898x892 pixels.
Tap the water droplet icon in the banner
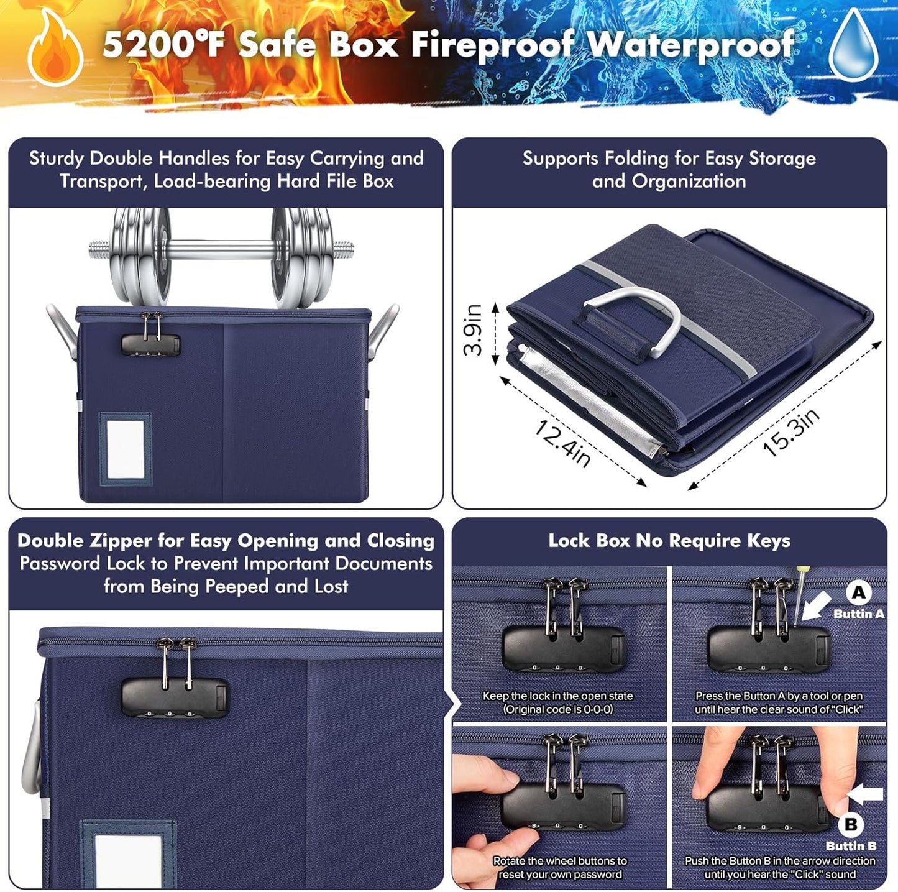(x=854, y=47)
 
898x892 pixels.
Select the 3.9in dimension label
(x=474, y=329)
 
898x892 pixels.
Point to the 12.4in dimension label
(x=563, y=442)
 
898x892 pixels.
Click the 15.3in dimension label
(x=790, y=433)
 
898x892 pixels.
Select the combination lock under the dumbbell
(x=150, y=344)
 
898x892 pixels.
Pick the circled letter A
(x=859, y=592)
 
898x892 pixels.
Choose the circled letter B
(x=851, y=824)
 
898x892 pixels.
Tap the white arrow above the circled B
(x=866, y=794)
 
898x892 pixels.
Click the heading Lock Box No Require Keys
(x=669, y=541)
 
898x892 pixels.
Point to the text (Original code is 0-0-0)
(x=558, y=709)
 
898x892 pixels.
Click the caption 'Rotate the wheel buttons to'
(x=560, y=861)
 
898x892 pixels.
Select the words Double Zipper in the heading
(x=85, y=541)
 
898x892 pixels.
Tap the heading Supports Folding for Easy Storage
(x=669, y=159)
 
